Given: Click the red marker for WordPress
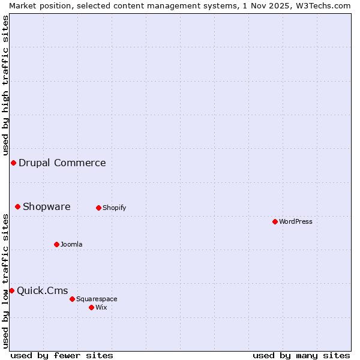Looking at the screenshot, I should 275,221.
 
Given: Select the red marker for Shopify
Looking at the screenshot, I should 98,208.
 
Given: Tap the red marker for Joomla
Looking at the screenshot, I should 56,244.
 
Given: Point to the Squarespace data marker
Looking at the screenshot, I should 72,299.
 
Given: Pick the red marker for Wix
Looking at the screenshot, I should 91,307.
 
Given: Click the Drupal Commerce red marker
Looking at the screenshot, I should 13,163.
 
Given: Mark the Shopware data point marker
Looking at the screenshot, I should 17,206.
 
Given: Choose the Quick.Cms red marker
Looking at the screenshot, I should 11,290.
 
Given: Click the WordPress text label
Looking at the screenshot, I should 296,221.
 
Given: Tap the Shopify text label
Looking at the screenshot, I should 114,208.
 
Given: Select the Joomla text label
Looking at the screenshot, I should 71,244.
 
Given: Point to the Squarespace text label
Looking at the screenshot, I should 97,299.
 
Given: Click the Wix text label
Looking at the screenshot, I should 101,307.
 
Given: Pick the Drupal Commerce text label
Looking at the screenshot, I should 62,163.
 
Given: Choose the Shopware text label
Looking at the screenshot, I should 47,206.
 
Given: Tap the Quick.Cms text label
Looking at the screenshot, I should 43,291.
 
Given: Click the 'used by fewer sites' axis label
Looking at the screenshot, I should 62,355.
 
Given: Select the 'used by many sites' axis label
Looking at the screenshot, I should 301,355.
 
